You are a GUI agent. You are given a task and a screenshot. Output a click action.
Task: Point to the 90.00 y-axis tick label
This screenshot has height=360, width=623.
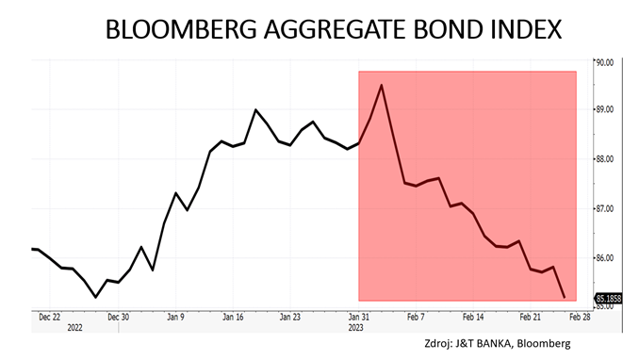tap(604, 62)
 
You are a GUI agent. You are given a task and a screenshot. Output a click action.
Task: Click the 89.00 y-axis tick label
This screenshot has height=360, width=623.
tap(604, 109)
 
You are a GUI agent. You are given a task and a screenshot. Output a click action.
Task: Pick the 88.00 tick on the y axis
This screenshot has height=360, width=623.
tap(604, 159)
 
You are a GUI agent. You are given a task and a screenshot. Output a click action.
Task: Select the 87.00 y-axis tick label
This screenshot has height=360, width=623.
tap(604, 208)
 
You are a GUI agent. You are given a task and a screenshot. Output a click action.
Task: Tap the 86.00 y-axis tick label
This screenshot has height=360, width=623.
tap(604, 257)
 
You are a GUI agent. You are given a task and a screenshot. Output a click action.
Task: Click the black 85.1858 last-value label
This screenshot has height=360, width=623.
tap(606, 299)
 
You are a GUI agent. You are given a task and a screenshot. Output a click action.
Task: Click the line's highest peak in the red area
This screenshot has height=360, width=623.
tap(381, 85)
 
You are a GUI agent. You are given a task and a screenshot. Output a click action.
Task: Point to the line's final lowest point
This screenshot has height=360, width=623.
tap(564, 298)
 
